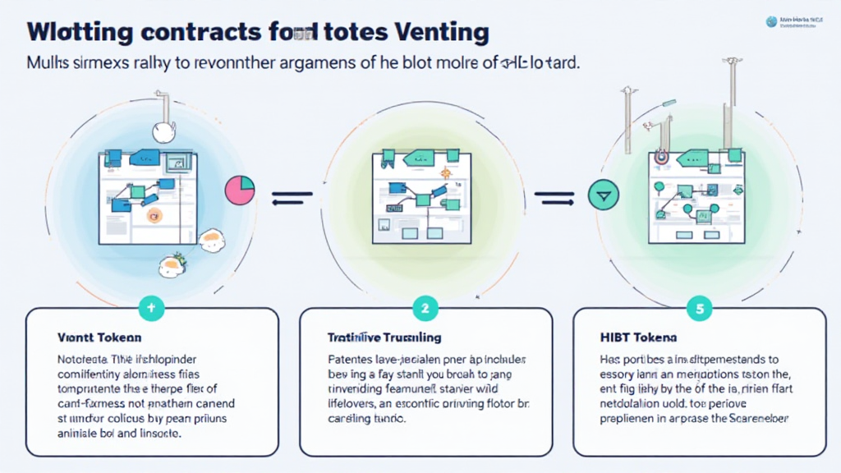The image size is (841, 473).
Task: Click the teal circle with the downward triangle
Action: [604, 196]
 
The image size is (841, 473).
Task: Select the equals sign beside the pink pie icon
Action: [292, 196]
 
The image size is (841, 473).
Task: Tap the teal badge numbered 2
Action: [425, 309]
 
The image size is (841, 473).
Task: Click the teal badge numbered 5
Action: [699, 309]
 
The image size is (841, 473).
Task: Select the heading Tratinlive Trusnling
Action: [385, 337]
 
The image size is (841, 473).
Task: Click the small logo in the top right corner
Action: [771, 22]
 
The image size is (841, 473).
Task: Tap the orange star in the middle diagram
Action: [444, 172]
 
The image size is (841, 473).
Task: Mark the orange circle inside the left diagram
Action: [153, 214]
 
